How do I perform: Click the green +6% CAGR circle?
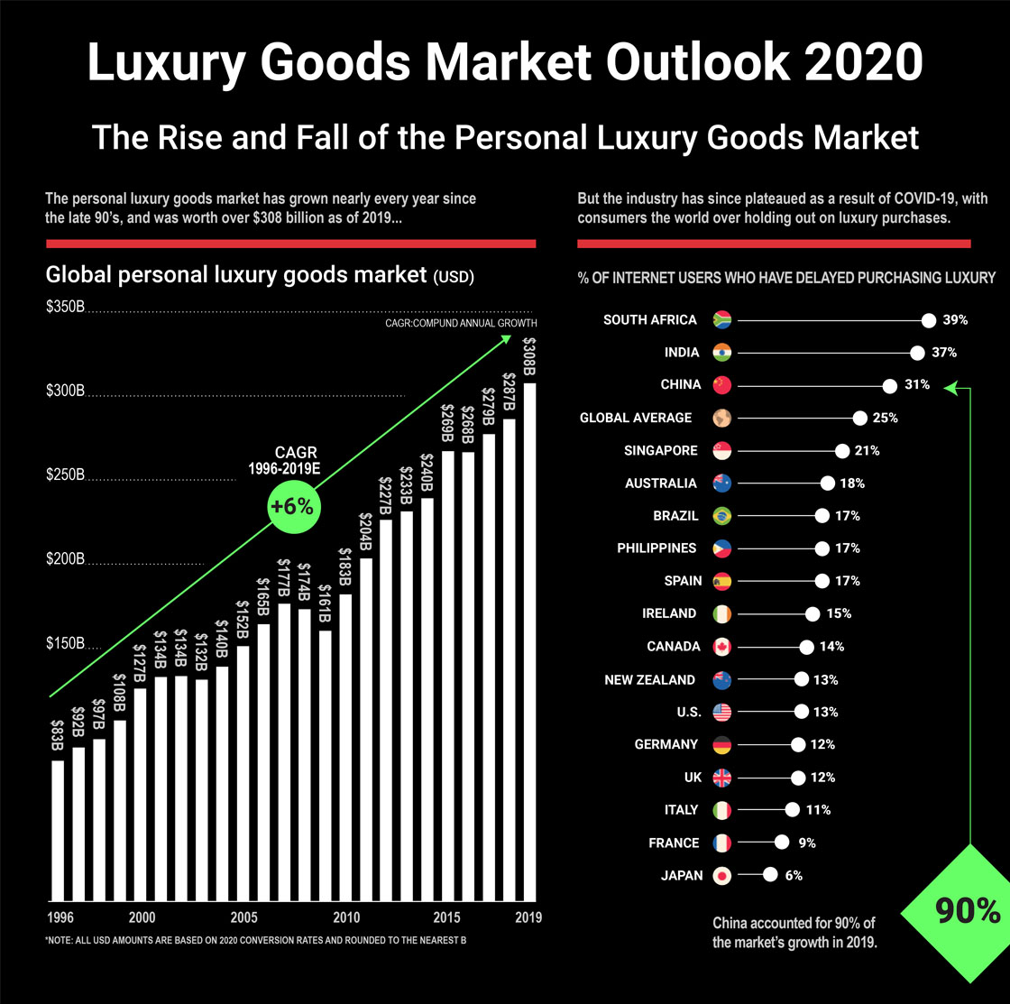pos(292,507)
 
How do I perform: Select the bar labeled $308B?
pos(529,640)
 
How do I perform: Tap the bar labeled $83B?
pos(58,830)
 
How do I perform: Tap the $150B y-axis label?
pos(65,644)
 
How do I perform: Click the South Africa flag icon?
pos(722,319)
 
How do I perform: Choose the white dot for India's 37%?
pos(917,353)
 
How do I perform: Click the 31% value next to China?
pos(917,385)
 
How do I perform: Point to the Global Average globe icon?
pos(722,418)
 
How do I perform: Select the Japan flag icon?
pos(722,875)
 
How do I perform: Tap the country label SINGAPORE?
pos(660,450)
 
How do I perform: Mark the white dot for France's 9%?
pos(781,843)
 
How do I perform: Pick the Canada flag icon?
pos(722,647)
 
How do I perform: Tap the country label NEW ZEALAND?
pos(649,679)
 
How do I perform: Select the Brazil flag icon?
pos(722,516)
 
